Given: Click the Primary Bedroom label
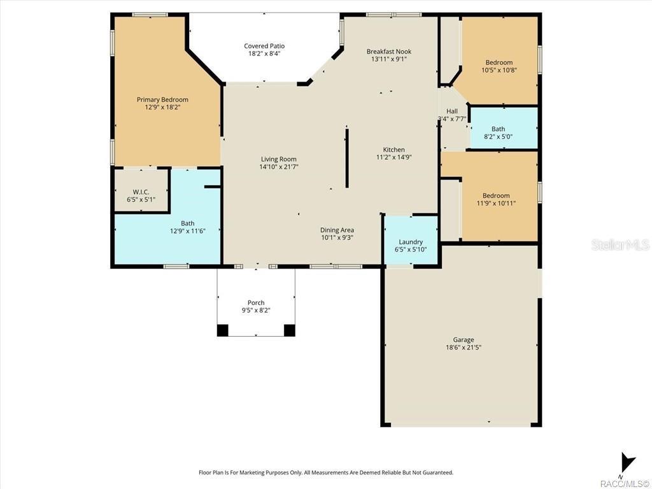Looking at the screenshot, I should coord(162,99).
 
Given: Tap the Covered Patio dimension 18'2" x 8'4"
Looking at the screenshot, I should coord(264,54).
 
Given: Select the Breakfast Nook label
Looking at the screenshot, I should coord(388,52).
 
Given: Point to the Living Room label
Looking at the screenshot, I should coord(278,159).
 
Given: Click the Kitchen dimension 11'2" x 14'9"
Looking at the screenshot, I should coord(394,157).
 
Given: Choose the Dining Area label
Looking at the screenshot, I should coord(337,230).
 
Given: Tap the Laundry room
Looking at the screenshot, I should coord(411,242).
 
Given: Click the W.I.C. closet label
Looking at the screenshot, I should coord(141,192).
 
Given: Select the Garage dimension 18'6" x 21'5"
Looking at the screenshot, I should coord(463,348).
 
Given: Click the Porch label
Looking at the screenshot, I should coord(256,302).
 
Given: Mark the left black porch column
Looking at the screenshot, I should coord(222,330).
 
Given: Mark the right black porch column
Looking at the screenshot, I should coord(289,330).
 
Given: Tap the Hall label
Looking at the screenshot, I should coord(452,111).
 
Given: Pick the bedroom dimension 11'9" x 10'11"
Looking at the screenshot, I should coord(495,204).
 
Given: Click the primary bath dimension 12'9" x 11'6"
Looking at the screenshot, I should coord(187,231).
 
